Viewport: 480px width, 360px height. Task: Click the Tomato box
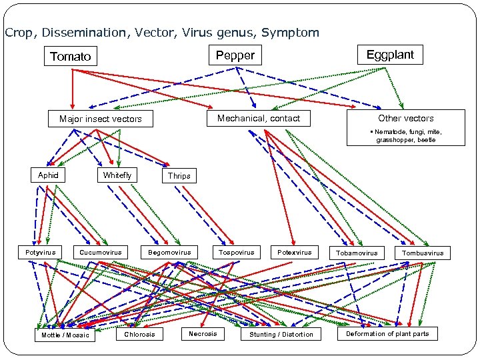coord(71,57)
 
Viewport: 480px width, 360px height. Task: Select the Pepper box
coord(235,55)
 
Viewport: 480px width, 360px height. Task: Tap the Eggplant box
coord(390,55)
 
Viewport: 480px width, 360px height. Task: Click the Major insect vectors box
coord(101,119)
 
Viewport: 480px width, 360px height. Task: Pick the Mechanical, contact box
coord(259,118)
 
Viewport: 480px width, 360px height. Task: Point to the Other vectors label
coord(406,118)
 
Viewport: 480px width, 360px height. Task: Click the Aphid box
coord(48,175)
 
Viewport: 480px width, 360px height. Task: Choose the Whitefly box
coord(117,175)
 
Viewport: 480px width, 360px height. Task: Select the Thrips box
coord(179,176)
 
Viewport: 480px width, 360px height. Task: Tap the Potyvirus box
coord(40,253)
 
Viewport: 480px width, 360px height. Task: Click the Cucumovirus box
coord(101,253)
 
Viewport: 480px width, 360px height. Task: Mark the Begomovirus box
coord(169,253)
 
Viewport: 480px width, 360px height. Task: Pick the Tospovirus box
coord(237,253)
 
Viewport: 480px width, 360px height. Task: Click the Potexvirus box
coord(294,253)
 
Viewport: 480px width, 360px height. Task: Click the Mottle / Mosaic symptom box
coord(65,335)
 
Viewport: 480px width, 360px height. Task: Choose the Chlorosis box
coord(139,334)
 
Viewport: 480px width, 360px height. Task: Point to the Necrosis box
coord(203,333)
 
